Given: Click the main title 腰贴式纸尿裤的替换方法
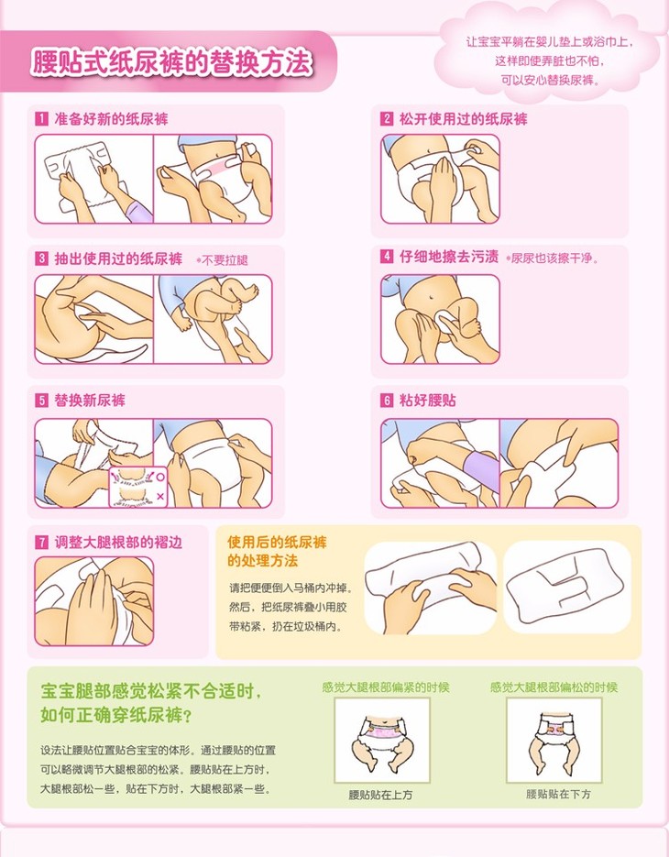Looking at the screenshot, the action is (172, 61).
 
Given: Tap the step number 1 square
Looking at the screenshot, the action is (41, 118).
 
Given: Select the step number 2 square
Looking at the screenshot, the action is (387, 118).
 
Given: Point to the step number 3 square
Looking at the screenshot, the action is (41, 258).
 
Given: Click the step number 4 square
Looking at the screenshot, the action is (387, 257).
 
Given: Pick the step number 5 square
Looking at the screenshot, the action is (41, 400).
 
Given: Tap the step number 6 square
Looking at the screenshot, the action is (387, 400).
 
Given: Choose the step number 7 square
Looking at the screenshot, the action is (41, 543).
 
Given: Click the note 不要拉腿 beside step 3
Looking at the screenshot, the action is (222, 260).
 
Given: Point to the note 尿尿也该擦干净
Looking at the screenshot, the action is (552, 258).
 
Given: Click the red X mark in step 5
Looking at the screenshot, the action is (160, 496).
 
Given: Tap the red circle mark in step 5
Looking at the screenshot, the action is (160, 477).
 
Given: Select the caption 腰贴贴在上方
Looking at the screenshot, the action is (380, 795).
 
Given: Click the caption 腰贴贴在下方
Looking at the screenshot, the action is (559, 794).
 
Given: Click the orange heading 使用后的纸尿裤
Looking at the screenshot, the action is (277, 543).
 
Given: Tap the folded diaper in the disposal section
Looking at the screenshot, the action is (566, 588).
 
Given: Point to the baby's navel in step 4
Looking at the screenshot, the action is (433, 299).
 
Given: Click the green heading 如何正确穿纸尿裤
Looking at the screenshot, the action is (115, 714).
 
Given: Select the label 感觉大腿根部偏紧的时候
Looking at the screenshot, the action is (385, 687).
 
